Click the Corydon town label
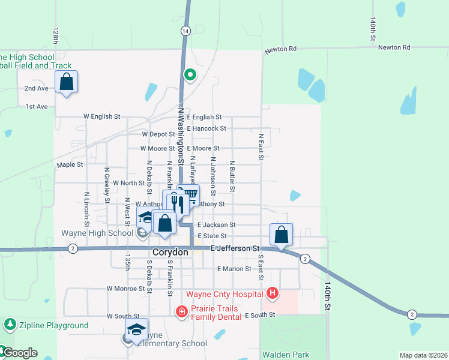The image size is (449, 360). click(170, 253)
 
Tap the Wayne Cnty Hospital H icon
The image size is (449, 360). click(273, 293)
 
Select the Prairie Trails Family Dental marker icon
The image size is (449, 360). click(181, 312)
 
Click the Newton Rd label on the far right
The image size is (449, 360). click(394, 47)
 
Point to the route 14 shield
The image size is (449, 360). click(185, 30)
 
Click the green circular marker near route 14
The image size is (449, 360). click(190, 75)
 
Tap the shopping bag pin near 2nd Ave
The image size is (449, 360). click(66, 82)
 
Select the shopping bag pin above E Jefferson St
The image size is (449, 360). click(281, 235)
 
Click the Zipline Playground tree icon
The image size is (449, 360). click(10, 325)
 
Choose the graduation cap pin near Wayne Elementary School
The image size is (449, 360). click(136, 329)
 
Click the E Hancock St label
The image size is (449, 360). click(206, 128)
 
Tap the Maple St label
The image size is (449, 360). click(70, 164)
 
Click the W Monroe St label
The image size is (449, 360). click(127, 289)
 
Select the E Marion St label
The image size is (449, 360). click(234, 269)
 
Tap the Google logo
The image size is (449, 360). click(20, 353)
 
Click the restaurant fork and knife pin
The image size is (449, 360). click(177, 203)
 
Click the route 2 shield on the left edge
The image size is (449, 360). click(73, 248)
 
